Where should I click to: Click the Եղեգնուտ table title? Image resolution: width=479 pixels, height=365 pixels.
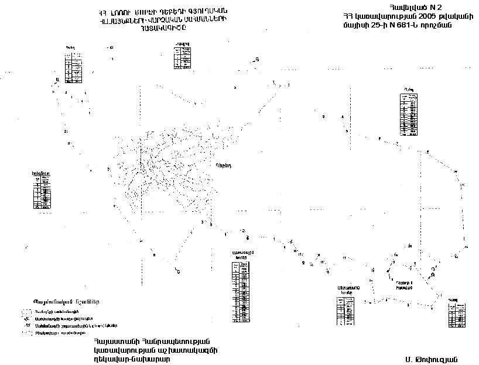41,173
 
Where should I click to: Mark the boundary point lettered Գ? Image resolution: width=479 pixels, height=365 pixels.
256,59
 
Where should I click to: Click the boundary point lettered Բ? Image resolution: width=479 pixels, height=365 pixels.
178,270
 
